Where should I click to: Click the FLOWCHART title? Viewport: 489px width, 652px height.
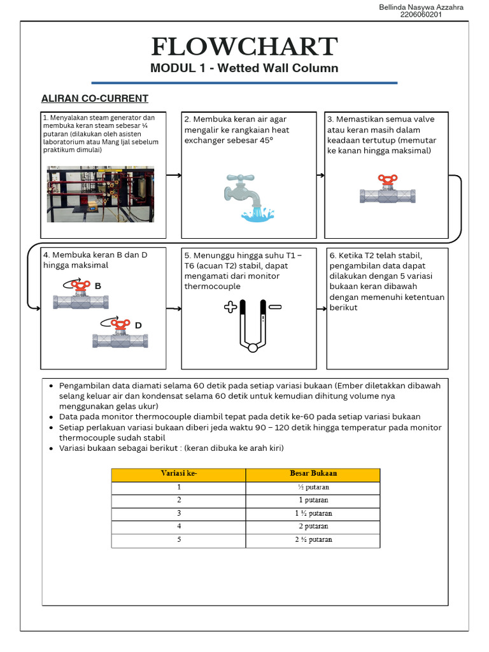pyautogui.click(x=244, y=46)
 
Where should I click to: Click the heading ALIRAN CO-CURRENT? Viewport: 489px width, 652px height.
pyautogui.click(x=95, y=99)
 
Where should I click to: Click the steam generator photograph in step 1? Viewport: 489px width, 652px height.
pyautogui.click(x=101, y=194)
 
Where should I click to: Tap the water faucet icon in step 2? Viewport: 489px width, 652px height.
pyautogui.click(x=248, y=197)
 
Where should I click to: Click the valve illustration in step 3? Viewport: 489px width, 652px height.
pyautogui.click(x=387, y=191)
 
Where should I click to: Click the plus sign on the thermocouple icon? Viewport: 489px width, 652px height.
pyautogui.click(x=230, y=308)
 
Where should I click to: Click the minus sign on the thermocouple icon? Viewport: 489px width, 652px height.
pyautogui.click(x=275, y=307)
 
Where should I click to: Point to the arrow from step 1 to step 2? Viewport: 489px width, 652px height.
pyautogui.click(x=174, y=175)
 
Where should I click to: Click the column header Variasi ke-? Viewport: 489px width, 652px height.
pyautogui.click(x=178, y=474)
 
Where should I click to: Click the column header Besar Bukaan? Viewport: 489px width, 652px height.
pyautogui.click(x=313, y=474)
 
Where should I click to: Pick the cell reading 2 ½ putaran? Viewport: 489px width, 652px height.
pyautogui.click(x=313, y=539)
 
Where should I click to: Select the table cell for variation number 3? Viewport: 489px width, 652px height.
pyautogui.click(x=179, y=513)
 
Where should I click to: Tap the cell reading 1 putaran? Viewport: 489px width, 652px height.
pyautogui.click(x=313, y=500)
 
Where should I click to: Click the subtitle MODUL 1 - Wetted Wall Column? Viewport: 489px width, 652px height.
pyautogui.click(x=244, y=68)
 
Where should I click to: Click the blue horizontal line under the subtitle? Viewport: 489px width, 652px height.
pyautogui.click(x=244, y=83)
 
